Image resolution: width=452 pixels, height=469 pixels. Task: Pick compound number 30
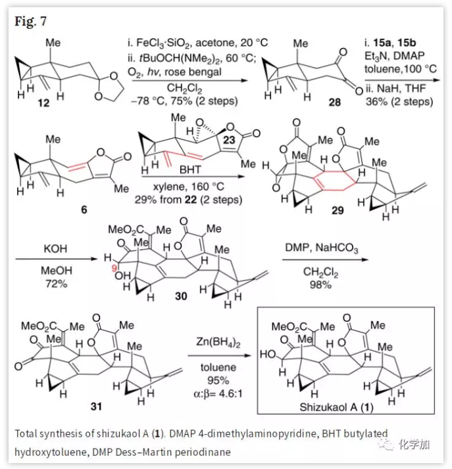[181, 296]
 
